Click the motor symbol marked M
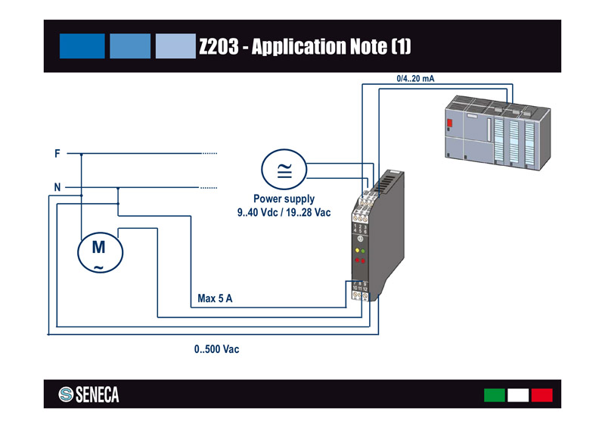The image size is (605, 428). click(99, 253)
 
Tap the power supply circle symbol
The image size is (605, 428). click(284, 169)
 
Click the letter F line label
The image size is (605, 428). click(57, 154)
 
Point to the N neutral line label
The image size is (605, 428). click(57, 186)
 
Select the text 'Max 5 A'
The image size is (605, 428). click(215, 298)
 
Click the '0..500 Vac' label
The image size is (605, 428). click(217, 350)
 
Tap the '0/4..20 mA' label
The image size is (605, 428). click(415, 78)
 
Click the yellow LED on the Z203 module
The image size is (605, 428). click(356, 250)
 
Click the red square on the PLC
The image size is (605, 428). click(450, 124)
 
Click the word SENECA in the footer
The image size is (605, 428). click(97, 395)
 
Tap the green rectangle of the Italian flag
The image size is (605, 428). click(494, 395)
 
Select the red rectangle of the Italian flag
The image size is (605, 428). click(541, 395)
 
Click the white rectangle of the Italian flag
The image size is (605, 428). click(518, 395)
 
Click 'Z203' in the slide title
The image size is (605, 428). click(220, 47)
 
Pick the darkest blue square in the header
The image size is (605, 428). click(82, 45)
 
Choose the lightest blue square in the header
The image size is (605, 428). click(175, 45)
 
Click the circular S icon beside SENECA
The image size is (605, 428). click(65, 395)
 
